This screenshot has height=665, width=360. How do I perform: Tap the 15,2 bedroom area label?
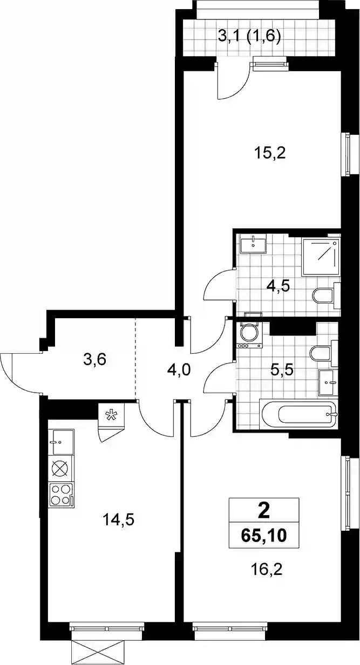270,154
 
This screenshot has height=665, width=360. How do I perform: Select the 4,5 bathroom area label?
278,287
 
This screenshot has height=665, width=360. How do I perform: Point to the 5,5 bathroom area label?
282,370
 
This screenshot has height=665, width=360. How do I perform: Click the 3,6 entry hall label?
95,360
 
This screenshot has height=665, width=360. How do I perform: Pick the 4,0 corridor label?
179,371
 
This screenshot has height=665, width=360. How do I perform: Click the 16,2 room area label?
267,570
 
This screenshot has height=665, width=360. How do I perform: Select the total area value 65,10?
264,536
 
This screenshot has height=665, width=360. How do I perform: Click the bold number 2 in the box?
264,511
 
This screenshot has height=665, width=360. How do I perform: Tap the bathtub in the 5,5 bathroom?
299,415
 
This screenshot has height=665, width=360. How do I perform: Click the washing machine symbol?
249,335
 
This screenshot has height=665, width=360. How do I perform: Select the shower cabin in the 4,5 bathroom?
321,257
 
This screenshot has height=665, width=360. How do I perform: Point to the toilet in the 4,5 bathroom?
326,296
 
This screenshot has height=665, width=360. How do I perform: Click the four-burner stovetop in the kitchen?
62,495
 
